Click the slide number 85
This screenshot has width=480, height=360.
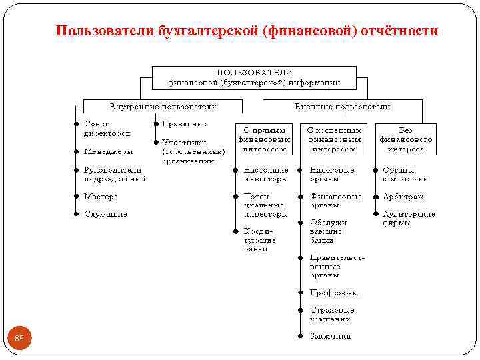19,339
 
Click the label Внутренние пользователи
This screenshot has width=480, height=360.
163,106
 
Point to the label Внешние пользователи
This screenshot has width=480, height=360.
342,106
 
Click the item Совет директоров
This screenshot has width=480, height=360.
107,129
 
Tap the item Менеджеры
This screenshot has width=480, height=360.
108,151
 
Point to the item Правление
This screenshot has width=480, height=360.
184,124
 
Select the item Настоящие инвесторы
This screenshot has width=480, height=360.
266,175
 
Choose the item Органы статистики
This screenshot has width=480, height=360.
405,175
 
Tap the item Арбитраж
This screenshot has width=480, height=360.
403,197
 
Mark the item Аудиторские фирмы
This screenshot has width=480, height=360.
408,218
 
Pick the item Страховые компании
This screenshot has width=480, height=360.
332,314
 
